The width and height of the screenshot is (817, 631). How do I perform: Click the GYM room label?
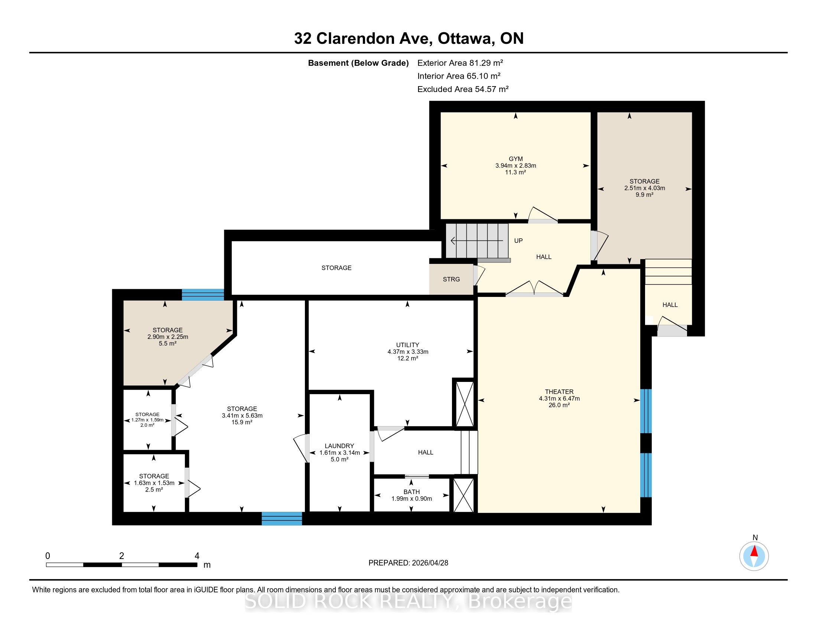[515, 159]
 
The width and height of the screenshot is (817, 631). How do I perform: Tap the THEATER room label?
[559, 392]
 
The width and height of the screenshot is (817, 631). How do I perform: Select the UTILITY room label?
[408, 345]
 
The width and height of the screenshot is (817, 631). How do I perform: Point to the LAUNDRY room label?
[339, 446]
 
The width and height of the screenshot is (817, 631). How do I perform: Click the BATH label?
[411, 492]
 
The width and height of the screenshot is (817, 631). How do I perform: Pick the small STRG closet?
[451, 279]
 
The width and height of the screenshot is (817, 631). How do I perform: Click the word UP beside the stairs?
[518, 241]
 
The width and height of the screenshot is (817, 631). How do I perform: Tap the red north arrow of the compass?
[754, 551]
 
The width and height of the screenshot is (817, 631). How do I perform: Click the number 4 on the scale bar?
[197, 556]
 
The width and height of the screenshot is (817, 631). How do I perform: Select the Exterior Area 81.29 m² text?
[460, 63]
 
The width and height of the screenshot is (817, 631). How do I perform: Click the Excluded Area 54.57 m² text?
[463, 89]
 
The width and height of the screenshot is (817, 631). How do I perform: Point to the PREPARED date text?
[408, 563]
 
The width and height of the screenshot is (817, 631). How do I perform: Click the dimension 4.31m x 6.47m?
[559, 399]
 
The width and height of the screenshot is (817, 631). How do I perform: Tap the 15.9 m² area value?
[242, 422]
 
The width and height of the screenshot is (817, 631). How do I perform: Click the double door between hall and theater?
[534, 288]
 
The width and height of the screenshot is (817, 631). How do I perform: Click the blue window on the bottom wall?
[282, 519]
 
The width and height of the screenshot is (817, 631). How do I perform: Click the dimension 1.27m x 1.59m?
[147, 420]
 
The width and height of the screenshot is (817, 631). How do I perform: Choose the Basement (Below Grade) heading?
[358, 63]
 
